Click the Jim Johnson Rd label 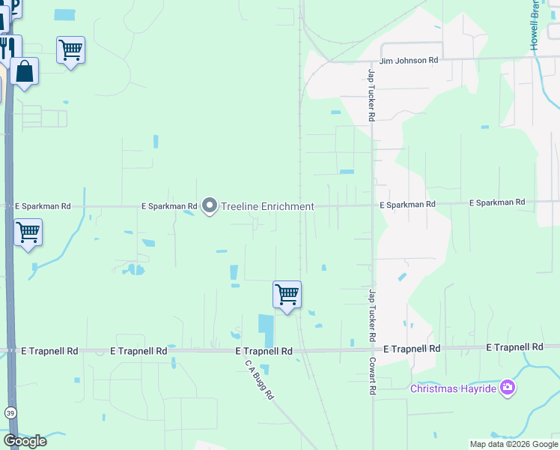(409, 60)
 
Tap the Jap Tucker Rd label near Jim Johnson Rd (371, 95)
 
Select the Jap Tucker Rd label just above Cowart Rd (371, 314)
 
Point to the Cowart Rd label (371, 374)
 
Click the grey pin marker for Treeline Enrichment (210, 205)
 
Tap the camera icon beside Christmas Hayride (508, 387)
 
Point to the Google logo (25, 440)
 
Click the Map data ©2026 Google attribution (514, 444)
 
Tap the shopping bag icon (25, 72)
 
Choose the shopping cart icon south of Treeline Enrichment (287, 294)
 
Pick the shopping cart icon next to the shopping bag (70, 50)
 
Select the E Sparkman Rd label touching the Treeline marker (170, 205)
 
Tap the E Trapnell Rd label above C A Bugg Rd (264, 351)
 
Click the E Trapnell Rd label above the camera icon (514, 347)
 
